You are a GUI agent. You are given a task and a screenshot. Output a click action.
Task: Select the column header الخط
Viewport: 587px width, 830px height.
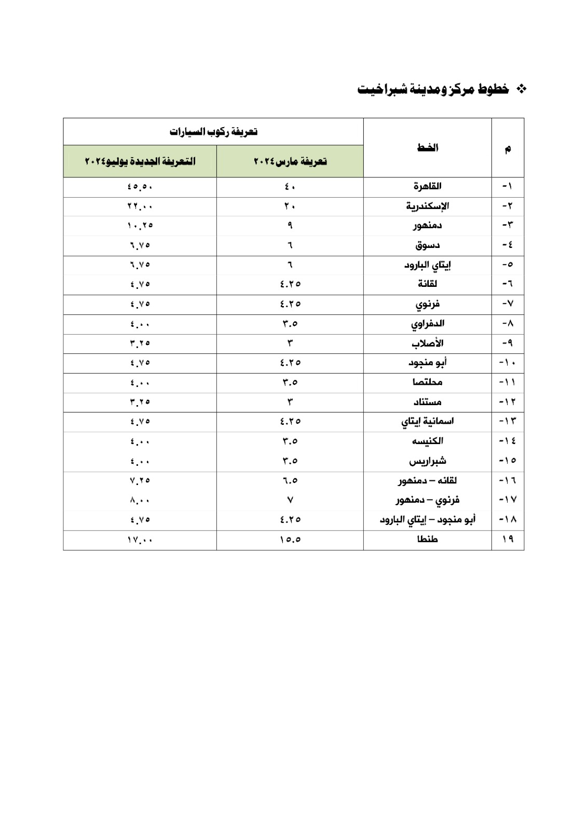coord(427,148)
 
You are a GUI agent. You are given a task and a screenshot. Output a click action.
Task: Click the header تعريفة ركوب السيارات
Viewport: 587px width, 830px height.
coord(213,132)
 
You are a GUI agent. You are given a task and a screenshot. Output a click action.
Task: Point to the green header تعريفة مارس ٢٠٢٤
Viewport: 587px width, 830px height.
coord(290,161)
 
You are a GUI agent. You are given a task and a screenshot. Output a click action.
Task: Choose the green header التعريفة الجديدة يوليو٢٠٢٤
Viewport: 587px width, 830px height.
coord(140,161)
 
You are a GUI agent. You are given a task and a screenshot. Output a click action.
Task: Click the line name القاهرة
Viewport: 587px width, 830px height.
coord(427,186)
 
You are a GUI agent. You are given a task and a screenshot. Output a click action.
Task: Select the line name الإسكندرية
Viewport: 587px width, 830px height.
coord(427,206)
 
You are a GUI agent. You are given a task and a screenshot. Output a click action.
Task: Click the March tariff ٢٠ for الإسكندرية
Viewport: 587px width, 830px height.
coord(290,206)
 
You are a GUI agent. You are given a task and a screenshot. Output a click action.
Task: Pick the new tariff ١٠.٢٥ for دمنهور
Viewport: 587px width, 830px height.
coord(140,226)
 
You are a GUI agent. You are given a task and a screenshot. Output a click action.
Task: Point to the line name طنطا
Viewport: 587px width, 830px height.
coord(427,539)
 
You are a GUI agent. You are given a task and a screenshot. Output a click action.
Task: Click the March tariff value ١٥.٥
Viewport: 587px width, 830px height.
coord(290,539)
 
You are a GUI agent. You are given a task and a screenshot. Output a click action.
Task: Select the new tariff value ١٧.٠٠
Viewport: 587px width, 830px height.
coord(140,539)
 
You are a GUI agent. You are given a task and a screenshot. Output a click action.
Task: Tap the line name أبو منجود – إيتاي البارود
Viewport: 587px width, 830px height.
coord(427,519)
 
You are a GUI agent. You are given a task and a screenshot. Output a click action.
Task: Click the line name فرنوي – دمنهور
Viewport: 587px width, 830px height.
coord(427,500)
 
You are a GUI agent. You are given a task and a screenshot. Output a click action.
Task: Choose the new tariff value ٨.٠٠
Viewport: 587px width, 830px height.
coord(140,500)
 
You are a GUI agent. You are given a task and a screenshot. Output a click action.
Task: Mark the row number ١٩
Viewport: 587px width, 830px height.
coord(508,539)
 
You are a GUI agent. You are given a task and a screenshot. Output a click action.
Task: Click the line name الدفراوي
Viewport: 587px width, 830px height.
coord(427,324)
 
